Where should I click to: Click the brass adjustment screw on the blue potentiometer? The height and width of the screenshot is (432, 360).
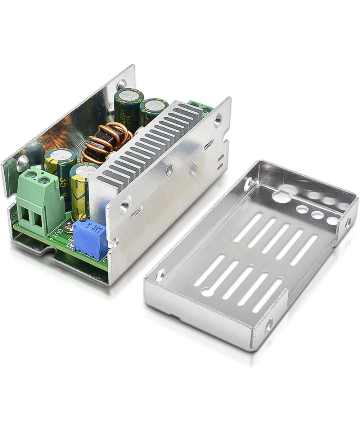pyautogui.click(x=82, y=217)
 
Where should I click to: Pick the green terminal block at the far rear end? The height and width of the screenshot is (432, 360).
pyautogui.click(x=200, y=106)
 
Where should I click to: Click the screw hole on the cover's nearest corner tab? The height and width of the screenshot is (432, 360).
pyautogui.click(x=268, y=327)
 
